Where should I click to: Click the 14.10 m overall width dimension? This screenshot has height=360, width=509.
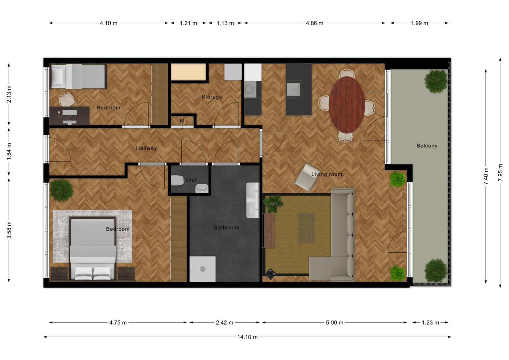tap(247, 337)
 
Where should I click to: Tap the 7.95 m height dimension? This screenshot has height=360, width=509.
tap(500, 172)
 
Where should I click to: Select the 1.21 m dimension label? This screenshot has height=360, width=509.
tap(188, 23)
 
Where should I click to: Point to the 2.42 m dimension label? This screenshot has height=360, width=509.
tap(224, 323)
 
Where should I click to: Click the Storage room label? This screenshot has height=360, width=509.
tap(212, 97)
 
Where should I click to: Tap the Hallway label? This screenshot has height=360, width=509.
tap(146, 148)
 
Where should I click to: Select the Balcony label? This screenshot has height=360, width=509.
tap(427, 146)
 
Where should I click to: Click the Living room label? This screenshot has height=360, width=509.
tap(326, 174)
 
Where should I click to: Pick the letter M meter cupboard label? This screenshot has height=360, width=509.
tap(182, 121)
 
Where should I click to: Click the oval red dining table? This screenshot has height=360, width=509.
tap(347, 104)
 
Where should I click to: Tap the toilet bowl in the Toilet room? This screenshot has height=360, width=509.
tap(178, 180)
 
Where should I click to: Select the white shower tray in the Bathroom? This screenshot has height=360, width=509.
tap(202, 269)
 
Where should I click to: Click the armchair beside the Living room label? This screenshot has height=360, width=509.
tap(307, 177)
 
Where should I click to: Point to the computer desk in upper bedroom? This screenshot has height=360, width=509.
tap(69, 116)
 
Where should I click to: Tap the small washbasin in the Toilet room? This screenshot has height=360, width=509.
tap(202, 188)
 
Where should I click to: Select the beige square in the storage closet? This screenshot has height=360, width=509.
tap(188, 72)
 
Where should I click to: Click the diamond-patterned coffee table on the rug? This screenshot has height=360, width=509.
tap(306, 228)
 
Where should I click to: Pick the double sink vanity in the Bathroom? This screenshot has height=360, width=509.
tap(253, 200)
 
